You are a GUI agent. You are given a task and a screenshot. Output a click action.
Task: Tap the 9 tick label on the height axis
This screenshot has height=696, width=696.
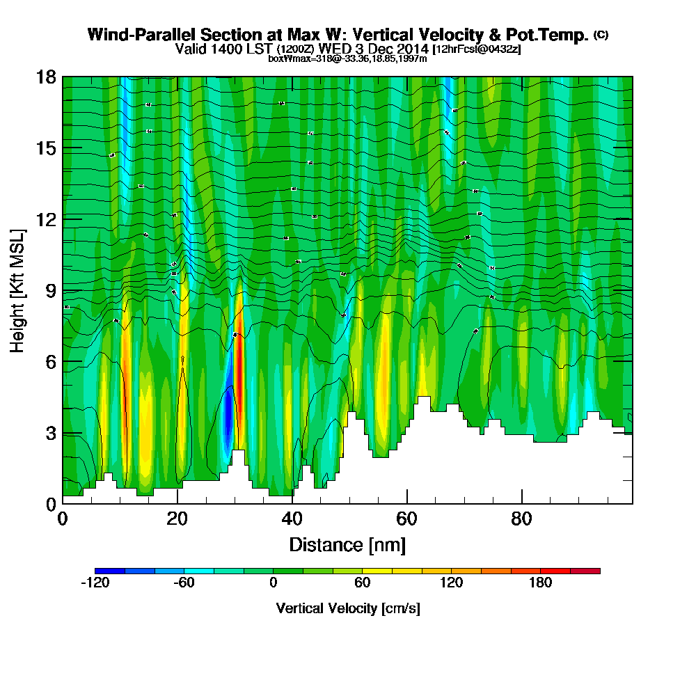tap(51, 290)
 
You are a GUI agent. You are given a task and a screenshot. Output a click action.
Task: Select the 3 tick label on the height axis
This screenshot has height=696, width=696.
tap(51, 433)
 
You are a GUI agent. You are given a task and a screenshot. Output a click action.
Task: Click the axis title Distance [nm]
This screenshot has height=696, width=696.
tap(347, 544)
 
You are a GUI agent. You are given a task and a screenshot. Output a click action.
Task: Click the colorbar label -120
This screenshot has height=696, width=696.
tap(95, 583)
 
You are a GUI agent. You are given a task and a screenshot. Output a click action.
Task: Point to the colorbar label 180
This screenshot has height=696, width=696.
tap(540, 583)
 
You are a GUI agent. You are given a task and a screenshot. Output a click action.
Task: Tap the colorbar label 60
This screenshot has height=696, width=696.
tap(362, 583)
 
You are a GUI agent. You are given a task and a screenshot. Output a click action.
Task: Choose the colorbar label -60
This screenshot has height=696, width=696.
tap(184, 583)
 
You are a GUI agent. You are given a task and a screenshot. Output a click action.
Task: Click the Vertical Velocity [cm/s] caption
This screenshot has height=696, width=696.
tap(347, 608)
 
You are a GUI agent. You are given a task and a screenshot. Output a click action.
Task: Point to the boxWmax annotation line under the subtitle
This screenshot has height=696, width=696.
tap(347, 58)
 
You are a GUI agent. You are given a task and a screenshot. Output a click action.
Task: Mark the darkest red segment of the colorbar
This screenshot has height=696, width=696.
tap(585, 571)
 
